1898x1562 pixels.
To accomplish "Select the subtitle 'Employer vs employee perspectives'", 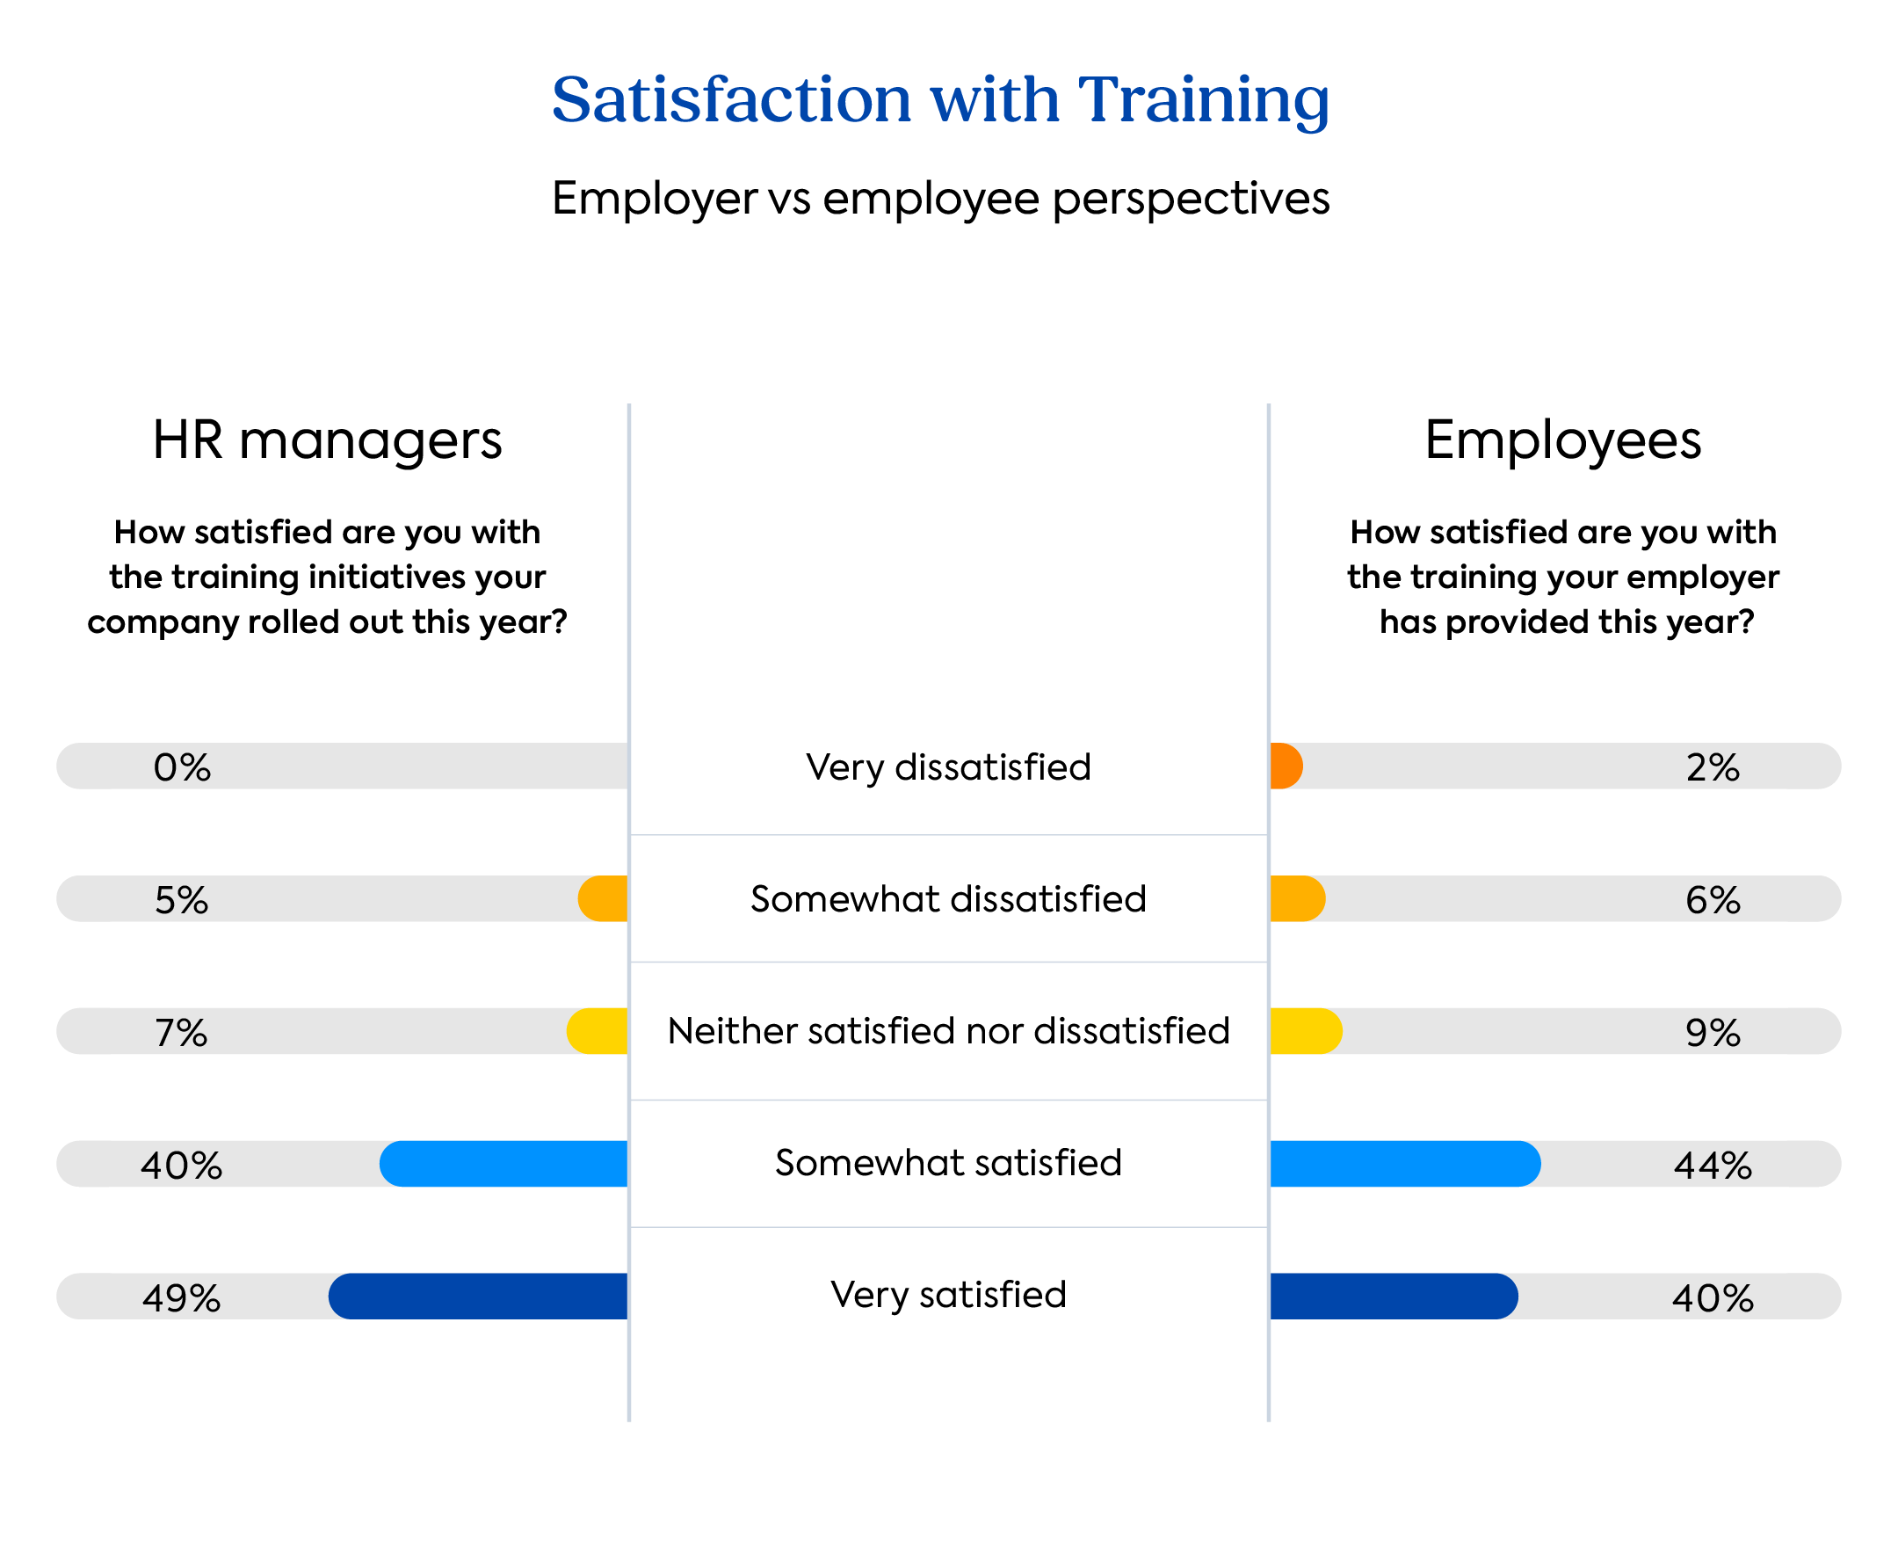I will [x=940, y=198].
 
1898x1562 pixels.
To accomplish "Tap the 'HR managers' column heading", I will [x=327, y=441].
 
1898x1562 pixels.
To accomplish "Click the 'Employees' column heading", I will [x=1562, y=441].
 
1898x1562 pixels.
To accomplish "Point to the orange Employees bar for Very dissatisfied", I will [x=1286, y=766].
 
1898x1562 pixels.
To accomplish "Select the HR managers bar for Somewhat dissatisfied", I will [x=604, y=898].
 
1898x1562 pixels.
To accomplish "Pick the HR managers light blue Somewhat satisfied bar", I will [x=503, y=1164].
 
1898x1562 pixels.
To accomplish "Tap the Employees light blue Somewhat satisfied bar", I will [x=1404, y=1164].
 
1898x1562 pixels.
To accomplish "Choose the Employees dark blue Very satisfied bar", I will [x=1394, y=1296].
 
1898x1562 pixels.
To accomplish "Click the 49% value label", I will [x=181, y=1297].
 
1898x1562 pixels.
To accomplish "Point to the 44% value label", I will [x=1712, y=1166].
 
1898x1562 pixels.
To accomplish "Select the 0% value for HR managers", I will [x=182, y=767].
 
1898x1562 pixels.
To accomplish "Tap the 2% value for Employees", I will [x=1712, y=767].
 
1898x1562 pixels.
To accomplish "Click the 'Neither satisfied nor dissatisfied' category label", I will [x=948, y=1031].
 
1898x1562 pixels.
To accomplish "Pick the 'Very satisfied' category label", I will [x=948, y=1295].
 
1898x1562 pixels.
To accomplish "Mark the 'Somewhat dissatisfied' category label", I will [x=948, y=899].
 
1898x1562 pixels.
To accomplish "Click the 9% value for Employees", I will [x=1712, y=1033].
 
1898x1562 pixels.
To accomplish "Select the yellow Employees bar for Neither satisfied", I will [x=1305, y=1031].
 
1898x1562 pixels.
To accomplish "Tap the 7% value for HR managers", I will [x=181, y=1033].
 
